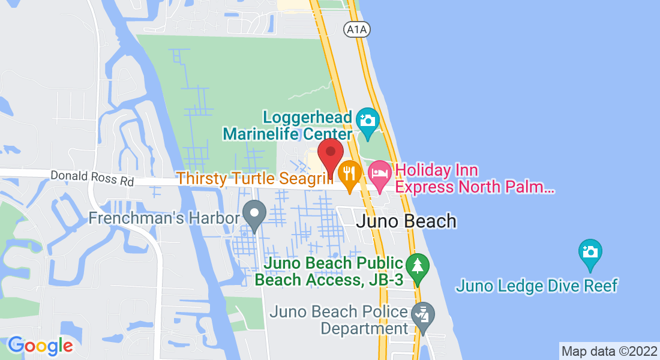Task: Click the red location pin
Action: click(x=330, y=154)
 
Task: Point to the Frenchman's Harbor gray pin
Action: click(x=255, y=214)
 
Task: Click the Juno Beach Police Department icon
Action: click(x=422, y=315)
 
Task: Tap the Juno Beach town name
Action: click(x=406, y=221)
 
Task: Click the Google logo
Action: click(x=40, y=346)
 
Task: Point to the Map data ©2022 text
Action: click(x=609, y=351)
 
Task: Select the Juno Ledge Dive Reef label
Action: click(x=536, y=286)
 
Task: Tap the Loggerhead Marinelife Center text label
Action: click(x=287, y=125)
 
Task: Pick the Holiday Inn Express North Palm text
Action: click(x=474, y=179)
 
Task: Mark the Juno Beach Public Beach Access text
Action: click(x=328, y=271)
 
